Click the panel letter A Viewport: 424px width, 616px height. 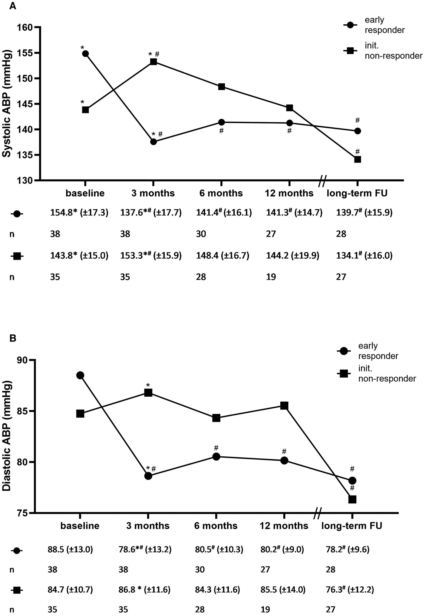tap(13, 6)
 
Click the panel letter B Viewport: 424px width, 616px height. tap(13, 338)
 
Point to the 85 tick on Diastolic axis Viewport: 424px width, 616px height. tap(23, 411)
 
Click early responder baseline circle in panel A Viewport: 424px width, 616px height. tap(85, 54)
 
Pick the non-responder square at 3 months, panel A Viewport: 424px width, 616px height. tap(154, 62)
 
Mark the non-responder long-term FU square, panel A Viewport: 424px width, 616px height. tap(357, 159)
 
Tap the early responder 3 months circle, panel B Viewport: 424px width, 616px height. tap(148, 476)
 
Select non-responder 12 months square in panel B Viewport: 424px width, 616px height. tap(284, 406)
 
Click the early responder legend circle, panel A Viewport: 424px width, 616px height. tap(350, 25)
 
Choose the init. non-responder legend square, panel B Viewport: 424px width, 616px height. tap(344, 374)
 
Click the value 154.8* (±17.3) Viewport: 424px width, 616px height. tap(79, 213)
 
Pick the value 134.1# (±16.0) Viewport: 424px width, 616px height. tap(364, 255)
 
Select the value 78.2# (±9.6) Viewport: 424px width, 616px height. tap(347, 549)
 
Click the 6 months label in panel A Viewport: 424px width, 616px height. tap(221, 193)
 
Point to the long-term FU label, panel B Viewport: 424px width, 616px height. tap(352, 526)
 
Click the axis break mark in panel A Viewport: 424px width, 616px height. tap(322, 181)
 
